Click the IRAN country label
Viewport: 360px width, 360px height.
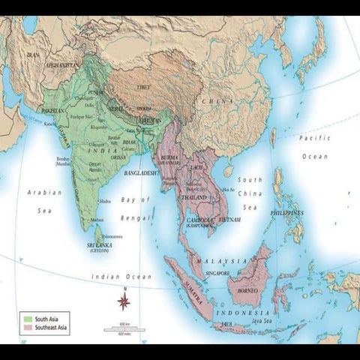click(32, 55)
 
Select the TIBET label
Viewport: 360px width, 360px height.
click(142, 88)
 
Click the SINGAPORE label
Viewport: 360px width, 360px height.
click(218, 274)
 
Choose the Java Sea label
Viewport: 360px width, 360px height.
click(268, 320)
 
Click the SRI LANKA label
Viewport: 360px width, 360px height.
click(99, 244)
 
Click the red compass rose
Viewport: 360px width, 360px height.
click(124, 301)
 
